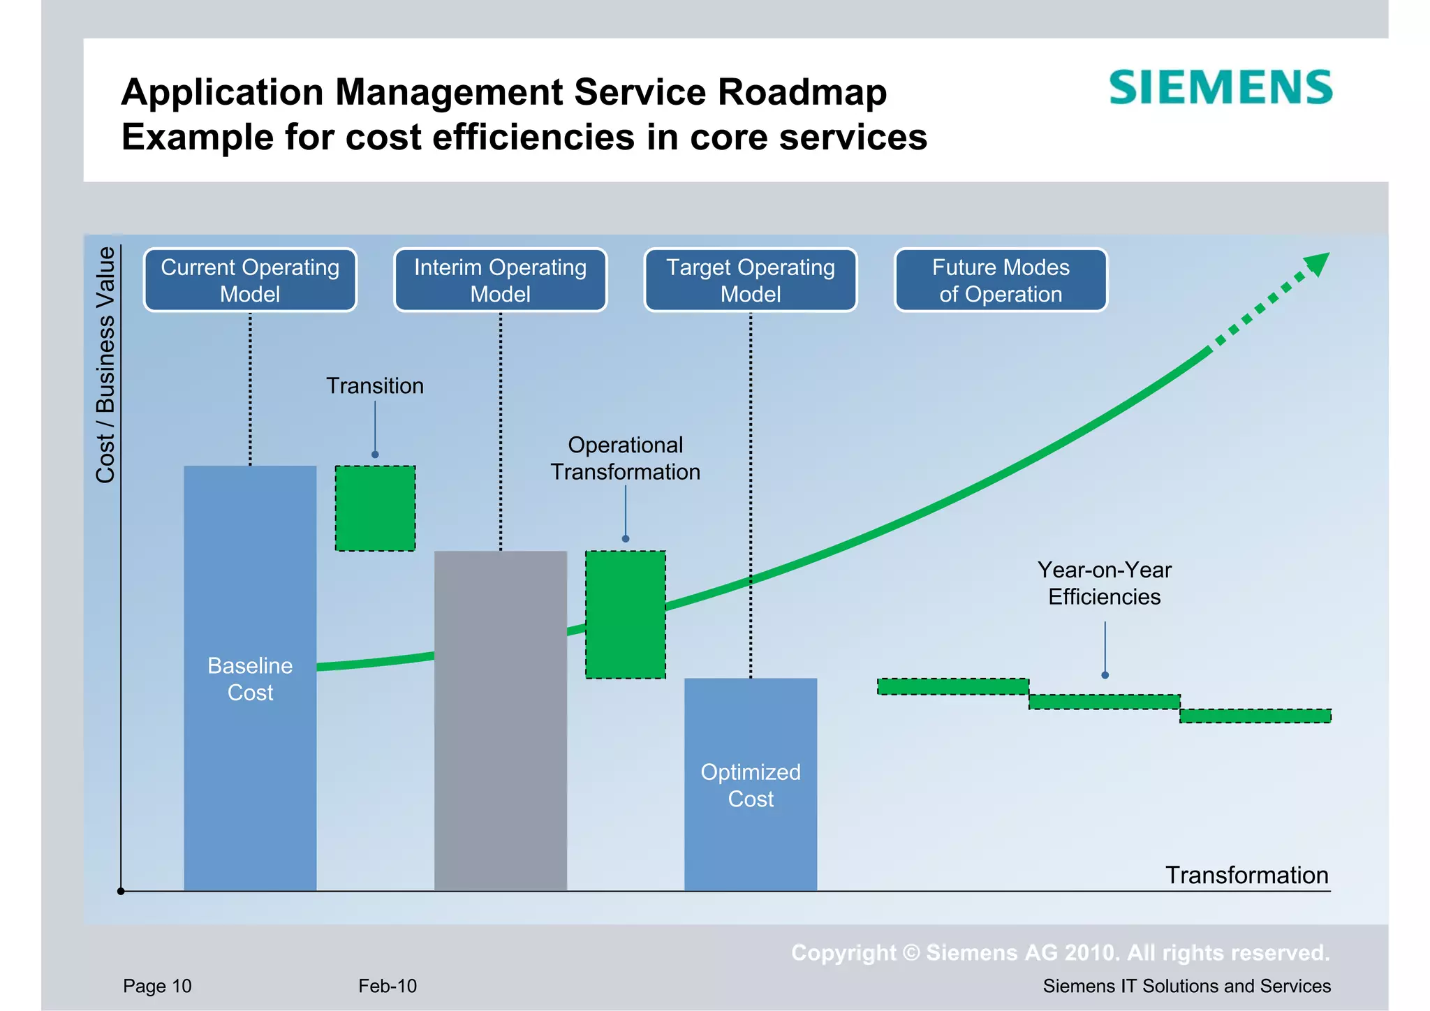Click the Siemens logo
1221,88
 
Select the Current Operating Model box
250,280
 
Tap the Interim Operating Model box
500,280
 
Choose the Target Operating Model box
751,280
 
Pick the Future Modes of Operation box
1001,280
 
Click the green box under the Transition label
376,508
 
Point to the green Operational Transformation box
626,614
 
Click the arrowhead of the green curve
1318,263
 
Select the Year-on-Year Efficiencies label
1104,583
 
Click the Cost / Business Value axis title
105,364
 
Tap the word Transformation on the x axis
1246,875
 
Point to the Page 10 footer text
157,986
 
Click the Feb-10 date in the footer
388,986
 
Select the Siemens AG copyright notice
1060,952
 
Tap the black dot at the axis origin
121,891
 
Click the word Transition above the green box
375,386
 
